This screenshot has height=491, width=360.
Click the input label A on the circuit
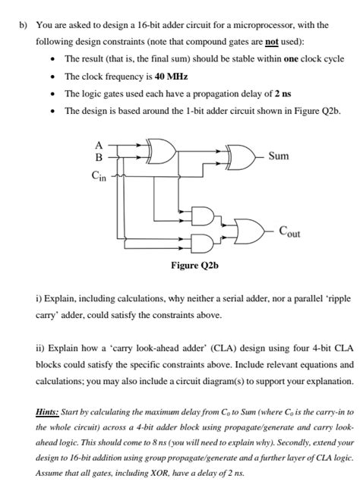[98, 145]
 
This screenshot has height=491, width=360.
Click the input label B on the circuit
[98, 158]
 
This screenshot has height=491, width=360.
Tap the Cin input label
[99, 176]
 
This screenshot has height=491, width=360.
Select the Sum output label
[279, 156]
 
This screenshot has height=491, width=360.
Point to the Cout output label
[288, 231]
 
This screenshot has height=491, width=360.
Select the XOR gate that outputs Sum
[241, 157]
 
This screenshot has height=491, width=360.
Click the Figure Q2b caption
[195, 266]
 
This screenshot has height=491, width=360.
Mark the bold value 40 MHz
[170, 77]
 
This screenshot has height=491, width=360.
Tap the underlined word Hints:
[50, 411]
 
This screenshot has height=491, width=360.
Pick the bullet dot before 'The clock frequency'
[49, 77]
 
